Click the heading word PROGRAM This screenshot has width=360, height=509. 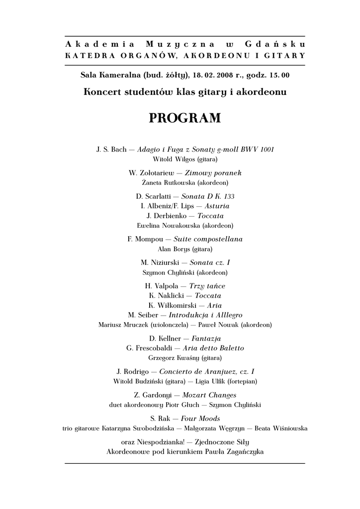184,119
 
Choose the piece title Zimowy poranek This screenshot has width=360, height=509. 213,172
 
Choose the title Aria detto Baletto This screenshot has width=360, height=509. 214,348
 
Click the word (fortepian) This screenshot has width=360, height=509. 242,381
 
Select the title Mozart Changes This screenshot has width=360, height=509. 209,395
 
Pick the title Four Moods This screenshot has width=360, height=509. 200,419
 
